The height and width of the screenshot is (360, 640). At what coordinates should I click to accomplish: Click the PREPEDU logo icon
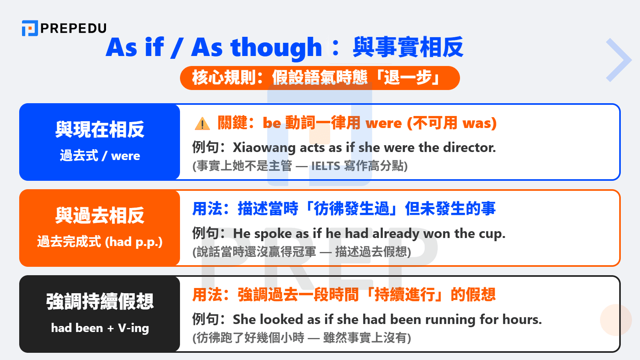pos(30,28)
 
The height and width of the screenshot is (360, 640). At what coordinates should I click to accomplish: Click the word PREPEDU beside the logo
pos(74,28)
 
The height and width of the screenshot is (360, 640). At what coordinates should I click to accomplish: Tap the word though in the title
pos(276,48)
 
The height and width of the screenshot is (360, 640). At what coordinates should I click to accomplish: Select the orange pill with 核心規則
pos(320,78)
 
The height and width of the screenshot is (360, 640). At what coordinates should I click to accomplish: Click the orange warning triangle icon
pos(202,124)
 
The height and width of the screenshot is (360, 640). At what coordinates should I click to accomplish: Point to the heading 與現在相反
pos(100,130)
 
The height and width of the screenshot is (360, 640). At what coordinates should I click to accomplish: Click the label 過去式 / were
pos(100,156)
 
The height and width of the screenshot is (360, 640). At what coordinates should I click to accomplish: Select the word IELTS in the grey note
pos(326,166)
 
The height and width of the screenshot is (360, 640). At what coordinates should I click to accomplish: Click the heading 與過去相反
pos(100,216)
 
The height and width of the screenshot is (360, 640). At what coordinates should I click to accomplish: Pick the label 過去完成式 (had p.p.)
pos(100,242)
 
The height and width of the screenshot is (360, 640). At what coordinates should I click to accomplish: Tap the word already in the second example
pos(396,233)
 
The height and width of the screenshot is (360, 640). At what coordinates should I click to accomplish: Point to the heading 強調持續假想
pos(100,302)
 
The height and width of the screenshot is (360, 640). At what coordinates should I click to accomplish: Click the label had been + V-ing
pos(100,328)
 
